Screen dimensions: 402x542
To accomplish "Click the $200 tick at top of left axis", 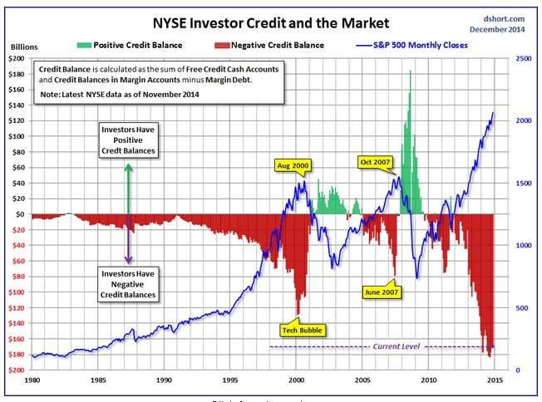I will (17, 59).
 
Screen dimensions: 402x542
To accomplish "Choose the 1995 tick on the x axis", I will (229, 380).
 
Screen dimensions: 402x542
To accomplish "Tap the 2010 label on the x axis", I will (428, 380).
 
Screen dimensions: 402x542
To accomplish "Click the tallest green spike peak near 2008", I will (410, 72).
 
